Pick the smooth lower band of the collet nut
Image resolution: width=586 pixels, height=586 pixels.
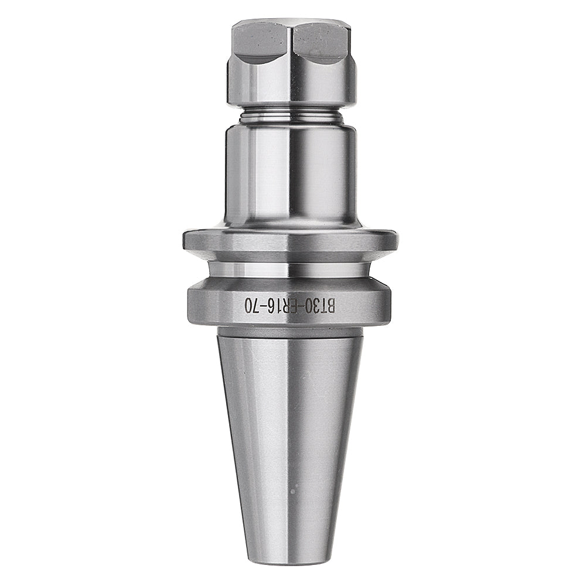point(291,88)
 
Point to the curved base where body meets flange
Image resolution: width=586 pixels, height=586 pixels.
point(291,226)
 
